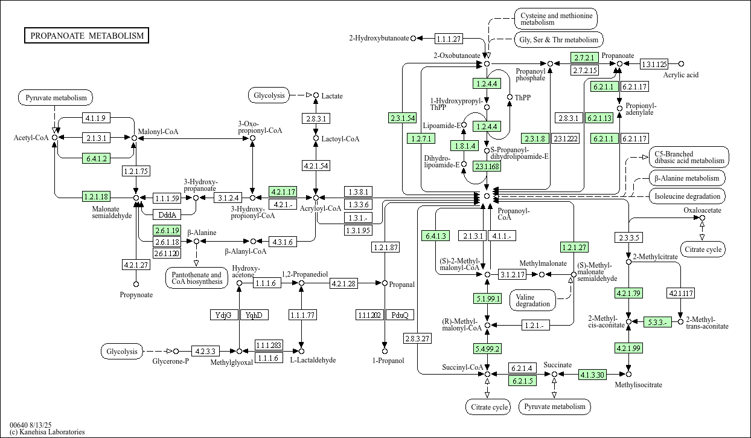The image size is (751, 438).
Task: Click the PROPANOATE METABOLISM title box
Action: coord(87,36)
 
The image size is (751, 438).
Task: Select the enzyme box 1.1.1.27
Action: coord(449,39)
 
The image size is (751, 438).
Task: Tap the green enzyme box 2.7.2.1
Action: coord(584,58)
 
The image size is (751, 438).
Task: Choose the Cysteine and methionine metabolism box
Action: coord(555,18)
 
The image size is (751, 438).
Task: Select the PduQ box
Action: coord(400,315)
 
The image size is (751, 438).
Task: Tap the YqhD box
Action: coord(254,315)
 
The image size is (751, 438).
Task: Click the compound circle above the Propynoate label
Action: coord(136,284)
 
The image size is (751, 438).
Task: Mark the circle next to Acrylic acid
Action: coord(681,63)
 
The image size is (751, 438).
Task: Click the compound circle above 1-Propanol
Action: coord(385,350)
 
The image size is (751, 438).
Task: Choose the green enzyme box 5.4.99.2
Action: coord(487,348)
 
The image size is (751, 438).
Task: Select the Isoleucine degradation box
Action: coord(688,196)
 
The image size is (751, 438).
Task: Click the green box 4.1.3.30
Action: coord(593,375)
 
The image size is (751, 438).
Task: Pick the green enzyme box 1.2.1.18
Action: coord(97,196)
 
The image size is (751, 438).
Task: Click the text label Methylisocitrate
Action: coord(638,385)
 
